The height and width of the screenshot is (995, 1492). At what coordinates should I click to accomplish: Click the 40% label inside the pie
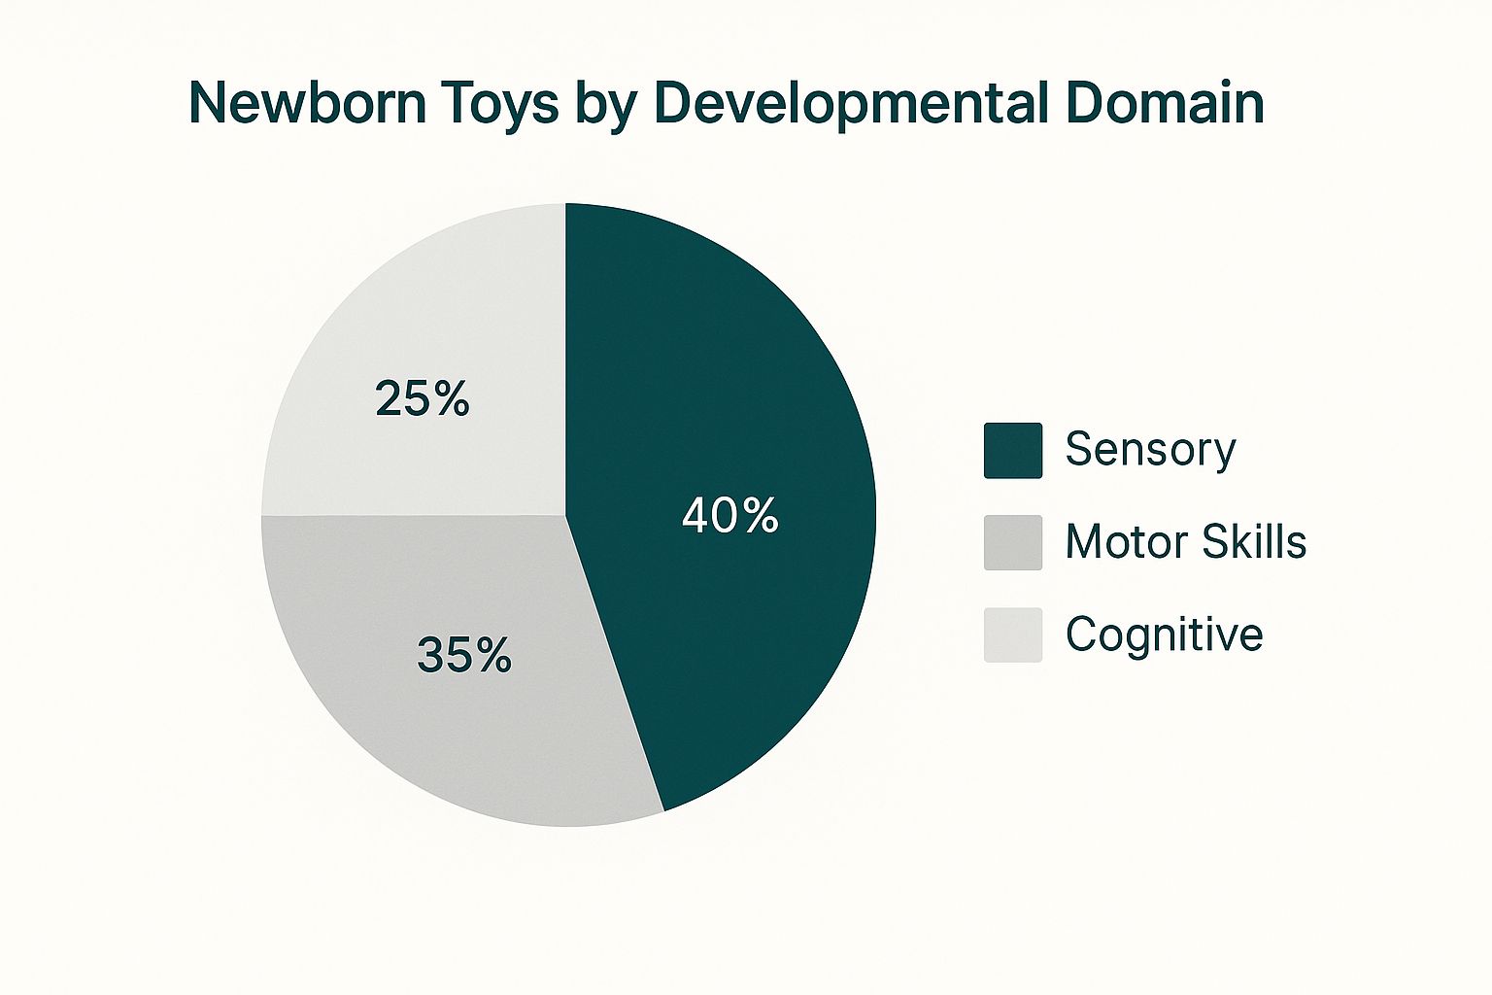point(729,515)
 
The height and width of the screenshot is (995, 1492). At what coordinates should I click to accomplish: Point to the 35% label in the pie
point(463,655)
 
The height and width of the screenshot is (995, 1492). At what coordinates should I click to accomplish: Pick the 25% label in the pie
point(422,398)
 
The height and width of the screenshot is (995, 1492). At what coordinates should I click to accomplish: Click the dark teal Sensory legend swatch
point(1012,450)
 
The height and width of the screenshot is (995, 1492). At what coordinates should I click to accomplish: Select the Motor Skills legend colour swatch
point(1012,542)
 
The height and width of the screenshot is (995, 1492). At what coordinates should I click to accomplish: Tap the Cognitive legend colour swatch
point(1012,635)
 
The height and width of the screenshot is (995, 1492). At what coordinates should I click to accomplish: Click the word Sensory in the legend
point(1150,450)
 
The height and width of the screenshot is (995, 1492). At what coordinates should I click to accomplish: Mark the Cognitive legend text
point(1164,635)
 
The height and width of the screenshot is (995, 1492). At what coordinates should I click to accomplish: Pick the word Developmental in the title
point(853,104)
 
